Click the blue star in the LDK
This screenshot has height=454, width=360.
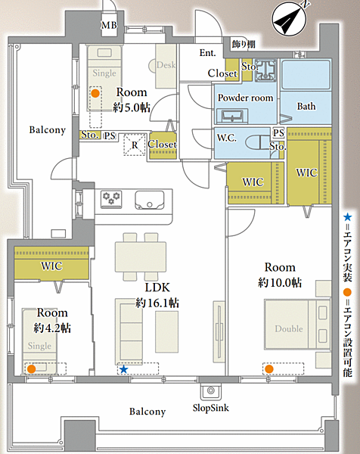tap(124, 369)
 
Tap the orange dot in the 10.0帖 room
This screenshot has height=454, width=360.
tap(269, 368)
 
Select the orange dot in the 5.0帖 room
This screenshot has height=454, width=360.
tap(95, 93)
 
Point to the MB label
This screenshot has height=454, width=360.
tap(109, 26)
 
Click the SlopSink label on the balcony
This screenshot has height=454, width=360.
tap(211, 408)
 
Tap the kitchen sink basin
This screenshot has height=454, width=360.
tap(149, 200)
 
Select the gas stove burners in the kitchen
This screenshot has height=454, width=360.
tap(111, 198)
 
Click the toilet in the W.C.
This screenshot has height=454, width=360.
tap(259, 142)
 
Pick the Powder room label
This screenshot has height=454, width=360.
tap(245, 98)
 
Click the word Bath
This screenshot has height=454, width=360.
tap(306, 106)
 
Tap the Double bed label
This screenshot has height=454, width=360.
tap(289, 329)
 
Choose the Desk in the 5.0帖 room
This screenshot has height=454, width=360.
tap(166, 66)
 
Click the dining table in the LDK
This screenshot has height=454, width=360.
tap(141, 257)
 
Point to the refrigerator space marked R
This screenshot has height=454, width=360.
tap(135, 145)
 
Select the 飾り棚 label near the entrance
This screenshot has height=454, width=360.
tap(244, 44)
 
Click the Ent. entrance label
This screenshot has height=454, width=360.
tap(207, 53)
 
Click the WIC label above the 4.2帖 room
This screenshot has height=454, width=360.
tap(51, 266)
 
